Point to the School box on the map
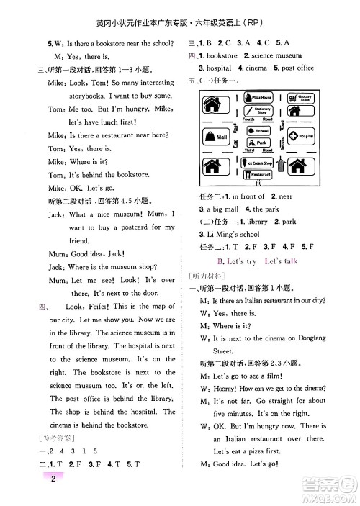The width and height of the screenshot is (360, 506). point(258,131)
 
